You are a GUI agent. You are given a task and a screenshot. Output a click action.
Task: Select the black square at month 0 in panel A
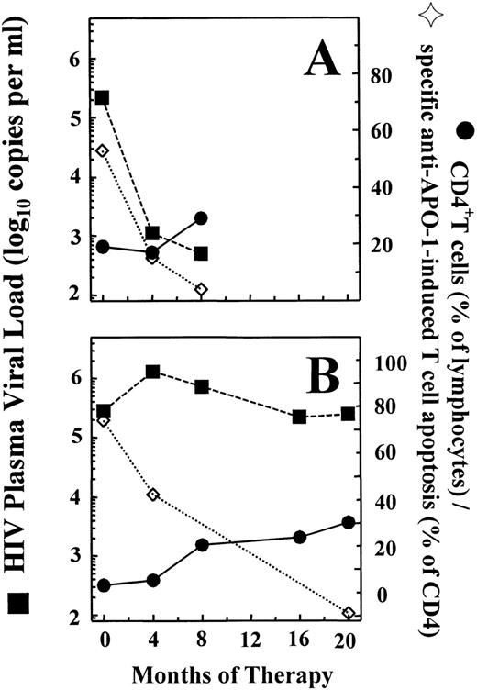click(x=103, y=97)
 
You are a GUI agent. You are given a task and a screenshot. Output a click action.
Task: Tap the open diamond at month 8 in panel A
click(x=201, y=290)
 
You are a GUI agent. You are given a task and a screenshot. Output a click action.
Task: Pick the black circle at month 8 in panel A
click(x=201, y=218)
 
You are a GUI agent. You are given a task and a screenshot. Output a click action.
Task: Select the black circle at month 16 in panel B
click(x=299, y=537)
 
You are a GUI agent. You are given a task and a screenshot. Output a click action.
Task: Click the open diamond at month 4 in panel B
click(x=153, y=495)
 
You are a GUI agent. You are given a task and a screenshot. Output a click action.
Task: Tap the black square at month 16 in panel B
click(x=299, y=417)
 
